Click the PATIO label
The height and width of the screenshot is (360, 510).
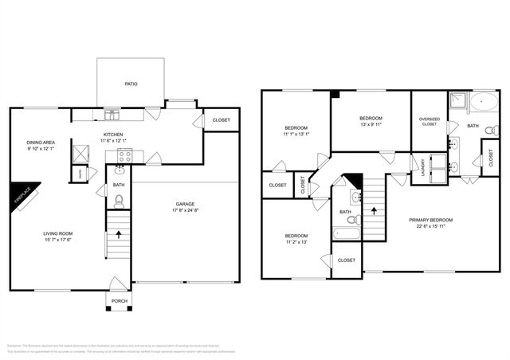click(130, 83)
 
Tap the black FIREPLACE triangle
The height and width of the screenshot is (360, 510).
click(19, 194)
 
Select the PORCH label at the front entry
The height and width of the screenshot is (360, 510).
click(119, 301)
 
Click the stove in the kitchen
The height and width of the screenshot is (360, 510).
click(124, 155)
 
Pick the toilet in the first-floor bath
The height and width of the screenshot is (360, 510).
click(119, 200)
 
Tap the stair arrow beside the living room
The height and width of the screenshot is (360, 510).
click(119, 235)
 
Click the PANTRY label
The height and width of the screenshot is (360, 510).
click(80, 172)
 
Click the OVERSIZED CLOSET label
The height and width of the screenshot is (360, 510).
click(429, 121)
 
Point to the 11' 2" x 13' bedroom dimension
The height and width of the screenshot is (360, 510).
click(296, 241)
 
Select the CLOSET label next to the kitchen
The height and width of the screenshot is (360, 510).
click(221, 120)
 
